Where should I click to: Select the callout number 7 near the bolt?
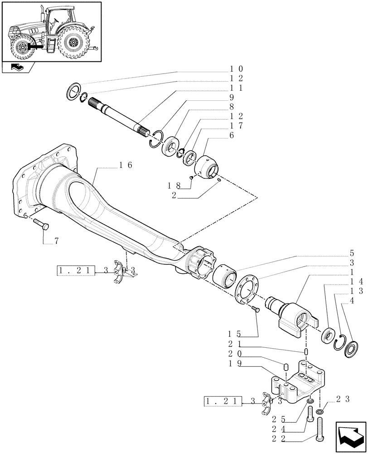click(56, 241)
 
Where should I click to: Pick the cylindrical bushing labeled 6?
click(208, 167)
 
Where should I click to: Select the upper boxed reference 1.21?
click(75, 271)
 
